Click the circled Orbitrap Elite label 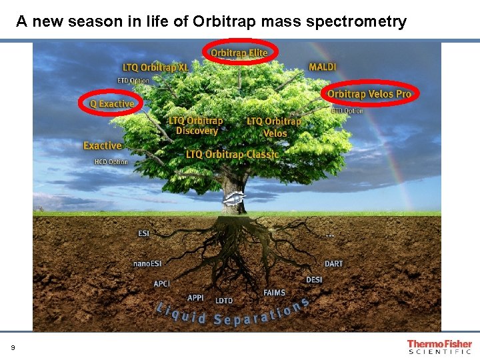(x=239, y=53)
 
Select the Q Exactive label (x=112, y=104)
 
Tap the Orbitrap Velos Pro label (x=369, y=94)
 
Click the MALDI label (x=323, y=67)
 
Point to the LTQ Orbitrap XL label (x=155, y=68)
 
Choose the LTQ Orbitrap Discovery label (x=196, y=126)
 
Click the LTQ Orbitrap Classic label (x=232, y=155)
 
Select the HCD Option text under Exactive (x=111, y=162)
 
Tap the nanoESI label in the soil (x=147, y=264)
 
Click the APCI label (x=162, y=284)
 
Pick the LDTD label (x=224, y=301)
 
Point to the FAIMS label (x=274, y=293)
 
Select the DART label (x=333, y=264)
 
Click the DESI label (x=314, y=279)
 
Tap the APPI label (x=195, y=298)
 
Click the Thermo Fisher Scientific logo (x=439, y=347)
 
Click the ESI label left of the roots (x=144, y=233)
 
